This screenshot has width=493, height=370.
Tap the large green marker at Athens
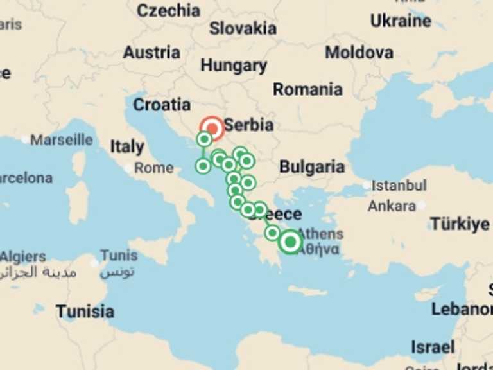pos(291,242)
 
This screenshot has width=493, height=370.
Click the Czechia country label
pos(168,10)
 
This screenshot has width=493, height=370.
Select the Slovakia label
pos(243,28)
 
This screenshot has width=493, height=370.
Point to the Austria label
pos(151,53)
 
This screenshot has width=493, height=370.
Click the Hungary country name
pos(234,66)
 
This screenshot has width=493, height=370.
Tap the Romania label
pos(307,89)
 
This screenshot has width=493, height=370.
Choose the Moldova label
pos(359,53)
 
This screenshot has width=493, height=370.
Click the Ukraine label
pos(401,21)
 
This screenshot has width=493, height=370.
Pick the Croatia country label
pos(162,105)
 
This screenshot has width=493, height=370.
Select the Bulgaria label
pos(312,168)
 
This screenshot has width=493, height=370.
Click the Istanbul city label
pos(399,186)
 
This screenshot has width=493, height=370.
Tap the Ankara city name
pos(392,206)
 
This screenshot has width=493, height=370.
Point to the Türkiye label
pos(460,224)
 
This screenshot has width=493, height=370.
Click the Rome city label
pos(154,168)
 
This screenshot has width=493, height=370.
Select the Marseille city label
pos(62,139)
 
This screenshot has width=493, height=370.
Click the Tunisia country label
pos(85,312)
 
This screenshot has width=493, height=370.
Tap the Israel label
pos(432,348)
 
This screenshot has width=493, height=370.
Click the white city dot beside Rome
pos(129,169)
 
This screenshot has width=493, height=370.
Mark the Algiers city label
pos(23,257)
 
